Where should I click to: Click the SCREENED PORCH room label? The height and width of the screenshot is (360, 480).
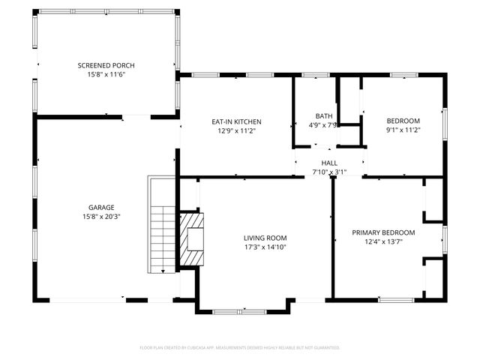tap(106, 65)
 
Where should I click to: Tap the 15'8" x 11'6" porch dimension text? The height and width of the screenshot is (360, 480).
tap(106, 74)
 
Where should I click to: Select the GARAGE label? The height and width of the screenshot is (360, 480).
tap(101, 207)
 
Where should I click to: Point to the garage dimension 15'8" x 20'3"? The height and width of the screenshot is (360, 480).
tap(101, 216)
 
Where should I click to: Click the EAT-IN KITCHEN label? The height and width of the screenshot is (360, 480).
tap(236, 121)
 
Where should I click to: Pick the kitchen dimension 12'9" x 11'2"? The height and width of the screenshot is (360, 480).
tap(236, 130)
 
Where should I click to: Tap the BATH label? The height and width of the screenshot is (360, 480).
tap(324, 116)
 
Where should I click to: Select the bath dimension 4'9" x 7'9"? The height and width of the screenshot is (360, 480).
tap(324, 125)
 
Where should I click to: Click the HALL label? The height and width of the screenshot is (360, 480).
tap(330, 163)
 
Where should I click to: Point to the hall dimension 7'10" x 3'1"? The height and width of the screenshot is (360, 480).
tap(330, 172)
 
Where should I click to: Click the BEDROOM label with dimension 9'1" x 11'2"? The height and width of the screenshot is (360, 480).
tap(403, 121)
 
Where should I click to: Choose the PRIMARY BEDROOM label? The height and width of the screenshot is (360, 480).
tap(383, 232)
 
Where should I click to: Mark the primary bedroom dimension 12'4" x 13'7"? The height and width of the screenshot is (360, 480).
tap(383, 241)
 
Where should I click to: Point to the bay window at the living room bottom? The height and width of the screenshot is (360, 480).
tap(244, 310)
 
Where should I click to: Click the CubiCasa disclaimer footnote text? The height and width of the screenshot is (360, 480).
tap(240, 347)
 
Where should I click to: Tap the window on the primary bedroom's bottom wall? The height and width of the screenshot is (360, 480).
tap(395, 299)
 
